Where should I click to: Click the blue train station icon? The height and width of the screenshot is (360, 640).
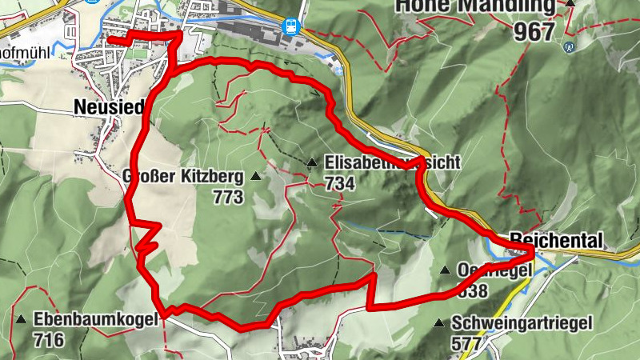click(x=291, y=25)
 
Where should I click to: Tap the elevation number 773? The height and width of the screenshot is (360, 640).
click(x=228, y=197)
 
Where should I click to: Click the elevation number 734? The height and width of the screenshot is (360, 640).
click(x=340, y=183)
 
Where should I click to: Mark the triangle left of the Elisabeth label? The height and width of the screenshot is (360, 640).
click(x=311, y=163)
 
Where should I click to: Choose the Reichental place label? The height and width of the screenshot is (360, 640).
click(x=554, y=239)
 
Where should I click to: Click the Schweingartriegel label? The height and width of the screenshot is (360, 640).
click(x=521, y=323)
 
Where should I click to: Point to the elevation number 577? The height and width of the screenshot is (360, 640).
click(x=466, y=343)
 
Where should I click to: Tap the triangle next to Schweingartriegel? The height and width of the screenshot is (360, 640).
click(x=438, y=323)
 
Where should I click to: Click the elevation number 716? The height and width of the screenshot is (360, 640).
click(x=49, y=339)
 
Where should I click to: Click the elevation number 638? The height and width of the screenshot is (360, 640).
click(x=471, y=290)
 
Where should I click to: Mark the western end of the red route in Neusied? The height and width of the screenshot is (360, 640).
click(x=110, y=39)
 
